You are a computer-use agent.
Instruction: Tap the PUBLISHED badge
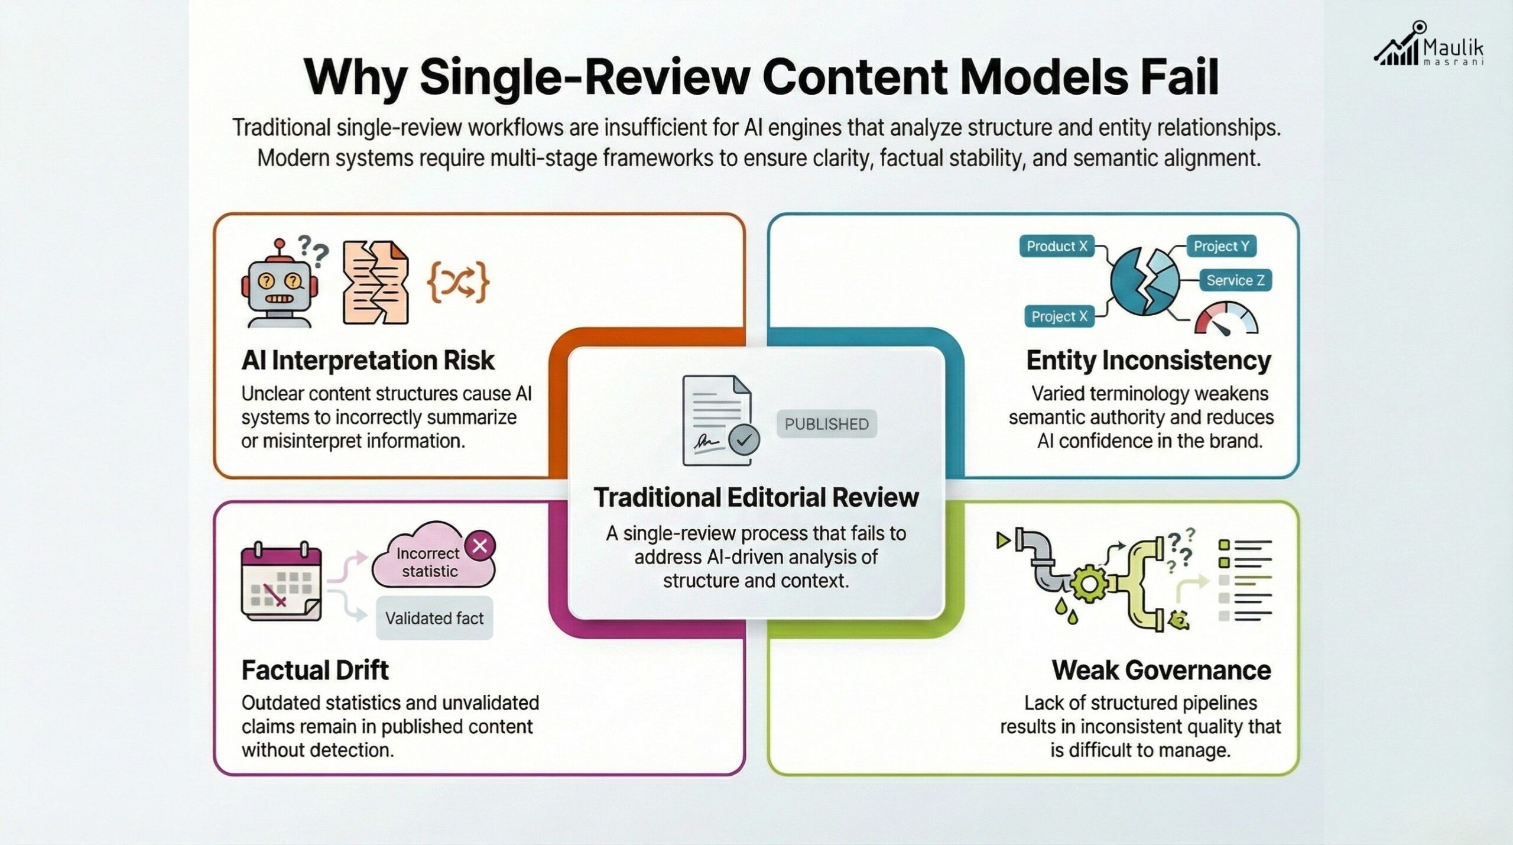tap(826, 424)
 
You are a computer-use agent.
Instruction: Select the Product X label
tap(1057, 246)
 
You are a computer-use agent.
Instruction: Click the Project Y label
tap(1221, 246)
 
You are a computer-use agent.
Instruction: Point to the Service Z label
tap(1235, 280)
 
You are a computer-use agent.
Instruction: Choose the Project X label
tap(1059, 316)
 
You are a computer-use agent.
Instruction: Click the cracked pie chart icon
tap(1145, 280)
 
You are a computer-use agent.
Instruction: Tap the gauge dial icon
tap(1226, 319)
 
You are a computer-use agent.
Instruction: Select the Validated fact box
tap(434, 619)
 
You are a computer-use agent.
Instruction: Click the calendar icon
tap(281, 582)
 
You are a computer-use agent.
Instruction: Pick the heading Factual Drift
tap(315, 671)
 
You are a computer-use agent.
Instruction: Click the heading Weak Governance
tap(1161, 671)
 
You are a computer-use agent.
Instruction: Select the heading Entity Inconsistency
tap(1148, 361)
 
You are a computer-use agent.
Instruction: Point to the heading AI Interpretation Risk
tap(368, 361)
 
